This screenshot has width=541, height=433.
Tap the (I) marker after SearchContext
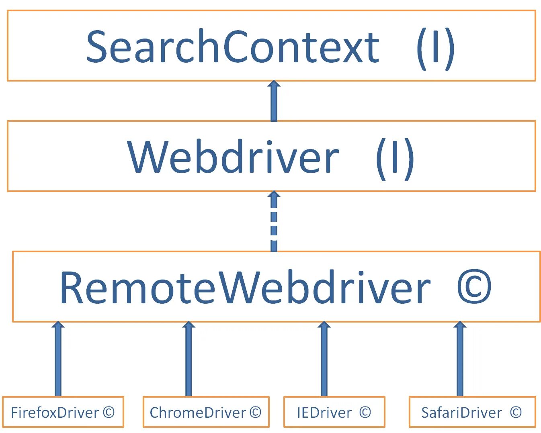[x=436, y=49]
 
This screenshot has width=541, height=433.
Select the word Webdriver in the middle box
[x=233, y=157]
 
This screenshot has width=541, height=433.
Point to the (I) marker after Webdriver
[x=395, y=159]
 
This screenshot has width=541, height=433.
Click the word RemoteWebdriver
[x=245, y=287]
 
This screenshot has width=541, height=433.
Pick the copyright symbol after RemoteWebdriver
[x=474, y=286]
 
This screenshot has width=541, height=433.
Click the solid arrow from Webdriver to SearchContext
[x=274, y=101]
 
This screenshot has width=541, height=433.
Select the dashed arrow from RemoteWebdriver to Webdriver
[x=274, y=221]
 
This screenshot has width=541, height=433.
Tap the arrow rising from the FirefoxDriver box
[x=58, y=359]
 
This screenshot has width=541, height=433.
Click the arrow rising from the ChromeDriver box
[x=189, y=359]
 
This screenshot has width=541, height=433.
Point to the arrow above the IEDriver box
[x=324, y=359]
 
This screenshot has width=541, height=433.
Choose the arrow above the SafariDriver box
[x=460, y=359]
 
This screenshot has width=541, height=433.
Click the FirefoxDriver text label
[x=55, y=413]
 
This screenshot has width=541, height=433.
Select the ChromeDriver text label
[x=198, y=413]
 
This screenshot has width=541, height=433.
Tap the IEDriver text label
[x=324, y=413]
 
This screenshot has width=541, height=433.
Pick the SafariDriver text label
[x=461, y=413]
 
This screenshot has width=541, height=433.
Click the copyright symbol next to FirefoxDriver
[x=109, y=413]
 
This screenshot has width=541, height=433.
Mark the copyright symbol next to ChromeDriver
[x=255, y=413]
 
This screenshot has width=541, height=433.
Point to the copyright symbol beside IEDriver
[x=365, y=413]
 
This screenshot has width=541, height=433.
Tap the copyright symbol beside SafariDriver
[x=516, y=413]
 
